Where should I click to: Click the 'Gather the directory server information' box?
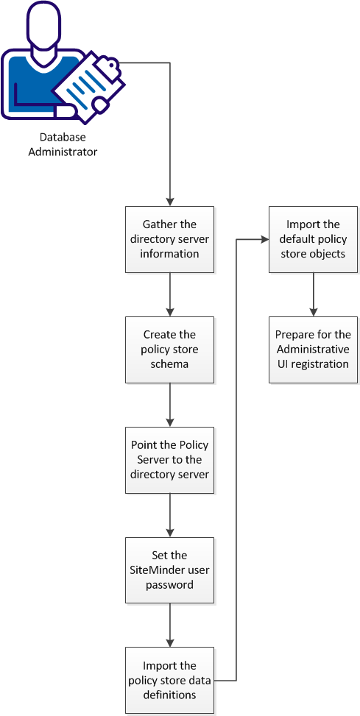coord(170,239)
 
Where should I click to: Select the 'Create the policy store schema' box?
coord(170,350)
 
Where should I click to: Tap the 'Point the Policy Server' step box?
coord(170,460)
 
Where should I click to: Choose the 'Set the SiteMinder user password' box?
coord(170,570)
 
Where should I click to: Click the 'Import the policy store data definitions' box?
coord(170,681)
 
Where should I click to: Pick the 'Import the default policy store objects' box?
coord(314,239)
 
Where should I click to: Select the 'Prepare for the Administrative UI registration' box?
coord(314,350)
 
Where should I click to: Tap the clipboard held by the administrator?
coord(90,83)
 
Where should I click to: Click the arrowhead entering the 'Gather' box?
coord(170,202)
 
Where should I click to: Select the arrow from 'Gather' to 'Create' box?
coord(170,294)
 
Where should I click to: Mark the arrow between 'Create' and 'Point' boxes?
coord(170,405)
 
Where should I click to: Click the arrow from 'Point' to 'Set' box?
coord(170,515)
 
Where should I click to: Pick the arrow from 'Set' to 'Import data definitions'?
coord(170,625)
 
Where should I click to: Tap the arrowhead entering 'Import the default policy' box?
coord(264,239)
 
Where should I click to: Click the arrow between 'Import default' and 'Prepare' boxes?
coord(314,294)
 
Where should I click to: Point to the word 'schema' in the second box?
coord(170,364)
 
